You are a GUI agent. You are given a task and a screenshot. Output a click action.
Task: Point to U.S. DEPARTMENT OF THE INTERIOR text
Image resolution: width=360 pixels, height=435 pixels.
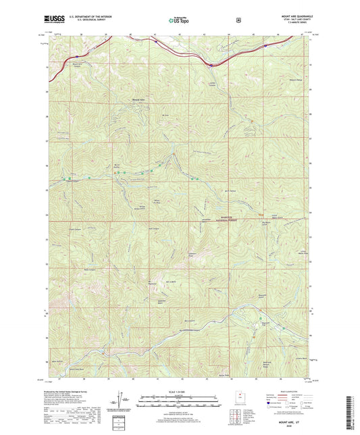93,17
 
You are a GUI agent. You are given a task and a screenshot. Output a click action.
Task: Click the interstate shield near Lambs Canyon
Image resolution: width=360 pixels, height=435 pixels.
211,66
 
